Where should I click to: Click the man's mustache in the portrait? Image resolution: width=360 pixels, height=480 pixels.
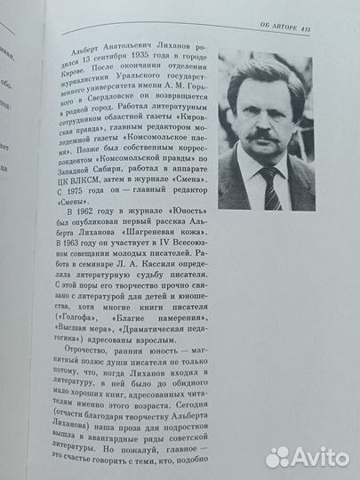coord(261,132)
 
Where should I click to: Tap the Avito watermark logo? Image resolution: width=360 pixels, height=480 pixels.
coord(308,455)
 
